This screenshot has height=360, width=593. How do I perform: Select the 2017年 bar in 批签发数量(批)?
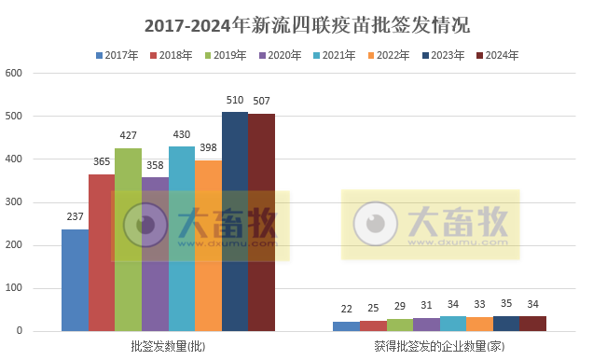75,280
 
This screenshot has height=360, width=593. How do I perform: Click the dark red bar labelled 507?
261,222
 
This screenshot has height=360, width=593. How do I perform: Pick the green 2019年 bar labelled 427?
128,240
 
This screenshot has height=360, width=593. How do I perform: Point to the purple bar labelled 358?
155,254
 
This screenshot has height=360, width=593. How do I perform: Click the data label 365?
102,161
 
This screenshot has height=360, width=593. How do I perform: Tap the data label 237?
75,216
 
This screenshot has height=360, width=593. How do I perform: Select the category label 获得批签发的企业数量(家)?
440,347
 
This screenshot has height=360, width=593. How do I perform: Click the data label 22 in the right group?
346,310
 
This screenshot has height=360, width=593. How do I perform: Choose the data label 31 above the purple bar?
426,306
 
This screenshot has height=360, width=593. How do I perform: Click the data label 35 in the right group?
506,304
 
